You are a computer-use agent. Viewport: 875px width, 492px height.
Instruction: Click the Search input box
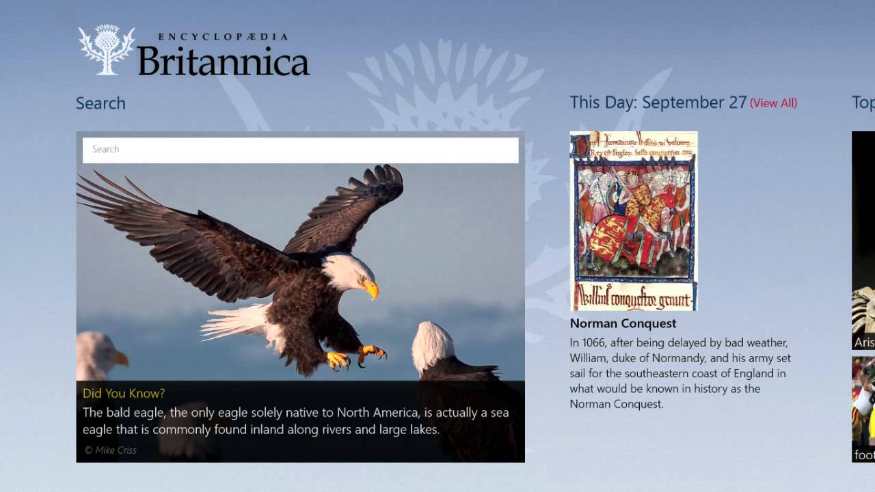click(x=300, y=150)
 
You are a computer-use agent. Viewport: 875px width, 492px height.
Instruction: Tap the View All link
click(x=773, y=103)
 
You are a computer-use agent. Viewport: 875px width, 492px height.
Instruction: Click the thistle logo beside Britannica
click(x=106, y=50)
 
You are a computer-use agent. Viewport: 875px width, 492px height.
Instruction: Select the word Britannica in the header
click(x=224, y=61)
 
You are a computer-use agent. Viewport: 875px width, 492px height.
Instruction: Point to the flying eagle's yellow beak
click(x=371, y=290)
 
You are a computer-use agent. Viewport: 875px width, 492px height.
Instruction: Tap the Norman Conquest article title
click(x=623, y=323)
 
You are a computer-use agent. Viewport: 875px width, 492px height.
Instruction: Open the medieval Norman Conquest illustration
click(x=634, y=221)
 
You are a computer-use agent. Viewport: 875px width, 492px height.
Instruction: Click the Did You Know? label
click(x=124, y=393)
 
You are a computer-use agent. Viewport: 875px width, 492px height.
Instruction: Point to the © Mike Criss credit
click(x=110, y=450)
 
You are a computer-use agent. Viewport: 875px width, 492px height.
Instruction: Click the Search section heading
click(x=100, y=103)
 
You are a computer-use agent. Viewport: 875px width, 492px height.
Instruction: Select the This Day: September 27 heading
click(x=658, y=102)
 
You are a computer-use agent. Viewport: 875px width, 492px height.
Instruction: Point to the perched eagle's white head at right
click(x=433, y=345)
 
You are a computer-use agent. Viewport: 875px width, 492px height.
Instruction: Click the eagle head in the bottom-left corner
click(x=100, y=355)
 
